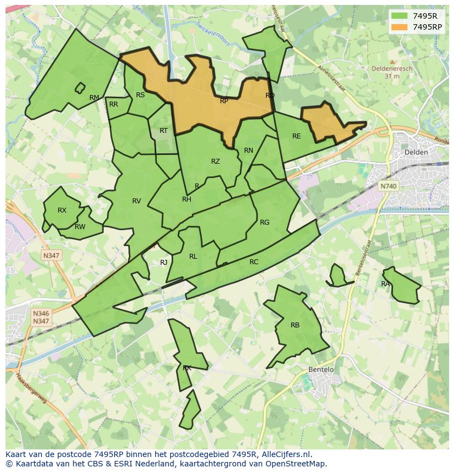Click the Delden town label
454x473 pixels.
click(x=415, y=152)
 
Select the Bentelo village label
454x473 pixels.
click(x=321, y=370)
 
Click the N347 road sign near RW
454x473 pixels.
click(x=52, y=255)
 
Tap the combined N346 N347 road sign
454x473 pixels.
click(x=41, y=317)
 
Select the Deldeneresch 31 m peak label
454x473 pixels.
click(x=391, y=73)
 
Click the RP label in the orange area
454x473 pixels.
click(x=224, y=101)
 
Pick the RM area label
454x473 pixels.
click(x=94, y=98)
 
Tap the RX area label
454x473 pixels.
click(x=62, y=210)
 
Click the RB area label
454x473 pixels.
click(x=295, y=325)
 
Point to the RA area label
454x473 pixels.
click(x=385, y=284)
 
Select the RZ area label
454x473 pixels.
click(x=215, y=162)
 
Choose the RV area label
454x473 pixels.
click(x=137, y=201)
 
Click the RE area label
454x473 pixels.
click(x=297, y=136)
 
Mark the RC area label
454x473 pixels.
click(x=254, y=262)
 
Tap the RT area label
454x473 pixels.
click(x=163, y=131)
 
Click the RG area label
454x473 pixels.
click(x=265, y=222)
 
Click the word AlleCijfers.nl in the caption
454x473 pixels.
click(x=285, y=454)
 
